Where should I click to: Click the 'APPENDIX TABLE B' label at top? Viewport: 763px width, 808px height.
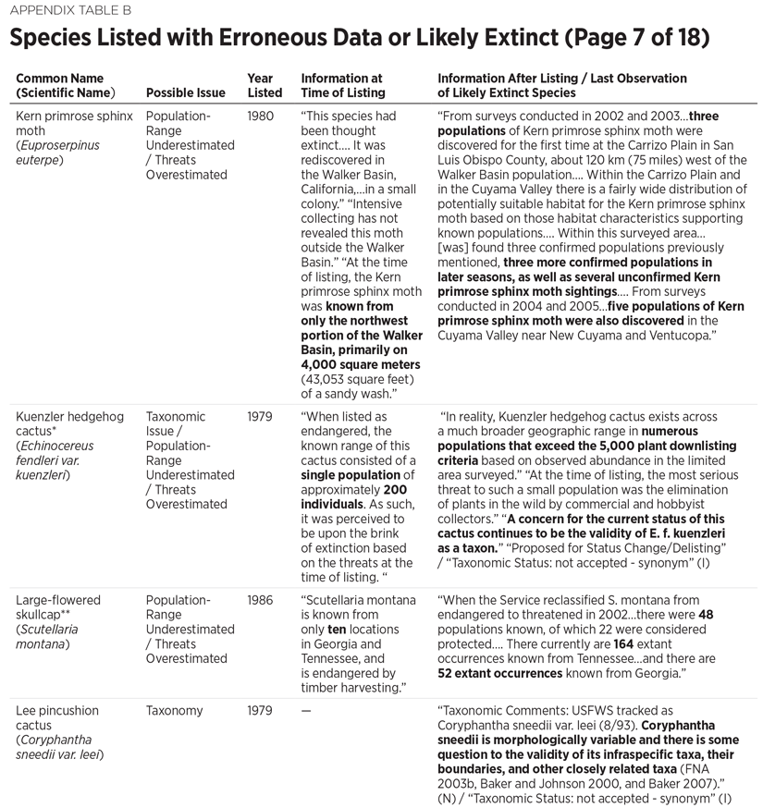[x=66, y=11]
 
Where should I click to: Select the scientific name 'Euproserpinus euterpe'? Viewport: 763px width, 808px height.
[x=57, y=153]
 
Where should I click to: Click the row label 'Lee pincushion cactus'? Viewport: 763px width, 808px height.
[x=57, y=718]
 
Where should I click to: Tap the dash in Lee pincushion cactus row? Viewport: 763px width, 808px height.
[x=306, y=711]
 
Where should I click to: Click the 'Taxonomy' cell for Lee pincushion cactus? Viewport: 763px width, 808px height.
[x=175, y=711]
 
